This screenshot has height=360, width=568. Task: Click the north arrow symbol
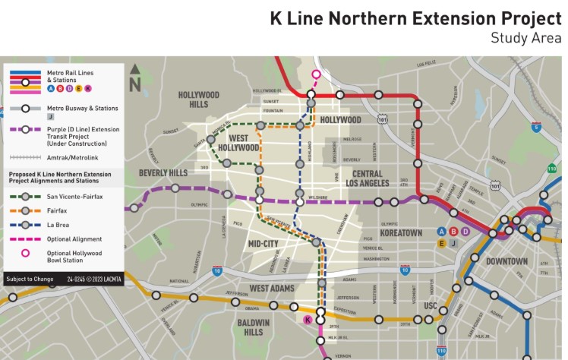tap(135, 78)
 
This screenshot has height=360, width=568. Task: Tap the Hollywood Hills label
tap(198, 99)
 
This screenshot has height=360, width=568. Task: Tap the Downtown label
tap(506, 261)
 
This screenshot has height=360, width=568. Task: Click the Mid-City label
tap(264, 244)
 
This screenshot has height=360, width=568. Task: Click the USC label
tap(431, 305)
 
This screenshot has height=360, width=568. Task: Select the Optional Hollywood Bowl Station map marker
tap(317, 74)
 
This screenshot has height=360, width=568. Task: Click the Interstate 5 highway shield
tap(536, 128)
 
